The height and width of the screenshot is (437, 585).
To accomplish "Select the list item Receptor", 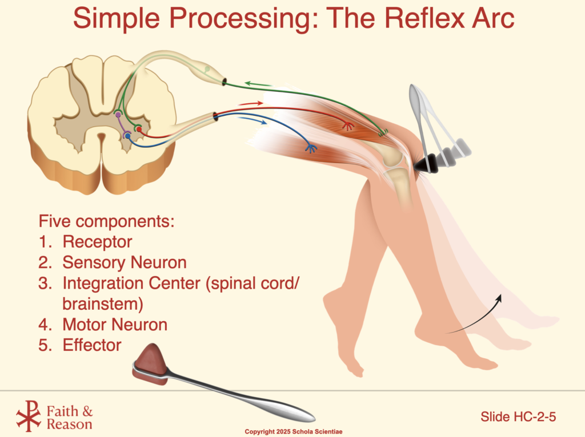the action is point(97,242).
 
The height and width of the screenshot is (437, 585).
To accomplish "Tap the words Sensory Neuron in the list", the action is point(125,262).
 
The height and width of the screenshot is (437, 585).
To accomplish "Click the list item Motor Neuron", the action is point(115,325).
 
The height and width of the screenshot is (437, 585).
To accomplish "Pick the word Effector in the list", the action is point(92,345).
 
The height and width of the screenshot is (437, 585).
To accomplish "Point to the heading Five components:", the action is point(107,221).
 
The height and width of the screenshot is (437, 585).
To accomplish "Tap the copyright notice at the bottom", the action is point(294,432).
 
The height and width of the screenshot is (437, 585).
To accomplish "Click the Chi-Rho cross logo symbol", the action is point(29,415).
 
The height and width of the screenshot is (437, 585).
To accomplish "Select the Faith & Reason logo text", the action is point(70,418).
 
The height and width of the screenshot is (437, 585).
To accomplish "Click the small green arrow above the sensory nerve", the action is point(258,84).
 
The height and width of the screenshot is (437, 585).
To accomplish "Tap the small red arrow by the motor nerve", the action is point(251,104).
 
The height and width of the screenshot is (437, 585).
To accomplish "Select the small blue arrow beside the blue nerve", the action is point(252,120).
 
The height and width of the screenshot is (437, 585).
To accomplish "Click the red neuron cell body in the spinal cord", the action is point(139,130).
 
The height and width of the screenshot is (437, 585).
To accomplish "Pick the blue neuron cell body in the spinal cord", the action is point(128,136).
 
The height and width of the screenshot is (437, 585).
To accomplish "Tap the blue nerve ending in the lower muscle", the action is point(311,148).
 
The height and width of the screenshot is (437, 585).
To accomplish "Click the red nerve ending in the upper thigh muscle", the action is point(348,126).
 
